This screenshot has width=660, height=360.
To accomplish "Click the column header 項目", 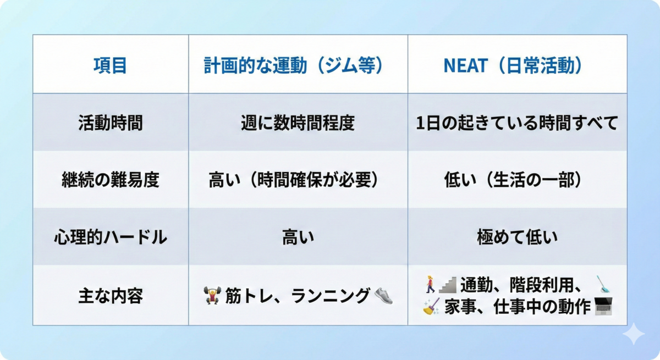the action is (110, 65).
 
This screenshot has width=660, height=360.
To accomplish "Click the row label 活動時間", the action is (111, 123).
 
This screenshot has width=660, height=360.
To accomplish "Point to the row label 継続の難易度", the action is (111, 180).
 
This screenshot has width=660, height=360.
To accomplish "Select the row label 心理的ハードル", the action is (111, 237).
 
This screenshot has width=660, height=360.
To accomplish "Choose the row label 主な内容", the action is (111, 296).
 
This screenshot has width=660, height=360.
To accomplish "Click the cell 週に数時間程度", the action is (298, 123).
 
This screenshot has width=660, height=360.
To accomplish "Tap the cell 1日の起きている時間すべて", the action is (517, 123).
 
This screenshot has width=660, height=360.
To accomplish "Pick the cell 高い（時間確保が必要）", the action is (293, 180).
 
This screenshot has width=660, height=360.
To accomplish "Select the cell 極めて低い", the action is (518, 237).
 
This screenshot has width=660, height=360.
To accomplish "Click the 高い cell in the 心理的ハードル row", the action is (298, 237).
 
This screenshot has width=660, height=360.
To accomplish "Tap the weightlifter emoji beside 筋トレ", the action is (212, 295).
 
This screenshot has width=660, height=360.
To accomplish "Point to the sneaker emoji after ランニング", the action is (384, 296).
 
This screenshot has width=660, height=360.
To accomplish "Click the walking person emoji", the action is (430, 284).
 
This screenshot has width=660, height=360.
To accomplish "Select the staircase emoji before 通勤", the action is (448, 285).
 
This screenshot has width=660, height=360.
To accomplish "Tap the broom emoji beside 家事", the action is (431, 307).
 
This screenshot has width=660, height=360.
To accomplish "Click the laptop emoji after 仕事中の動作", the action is (603, 306).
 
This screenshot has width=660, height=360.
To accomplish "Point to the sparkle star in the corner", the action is (634, 334).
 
